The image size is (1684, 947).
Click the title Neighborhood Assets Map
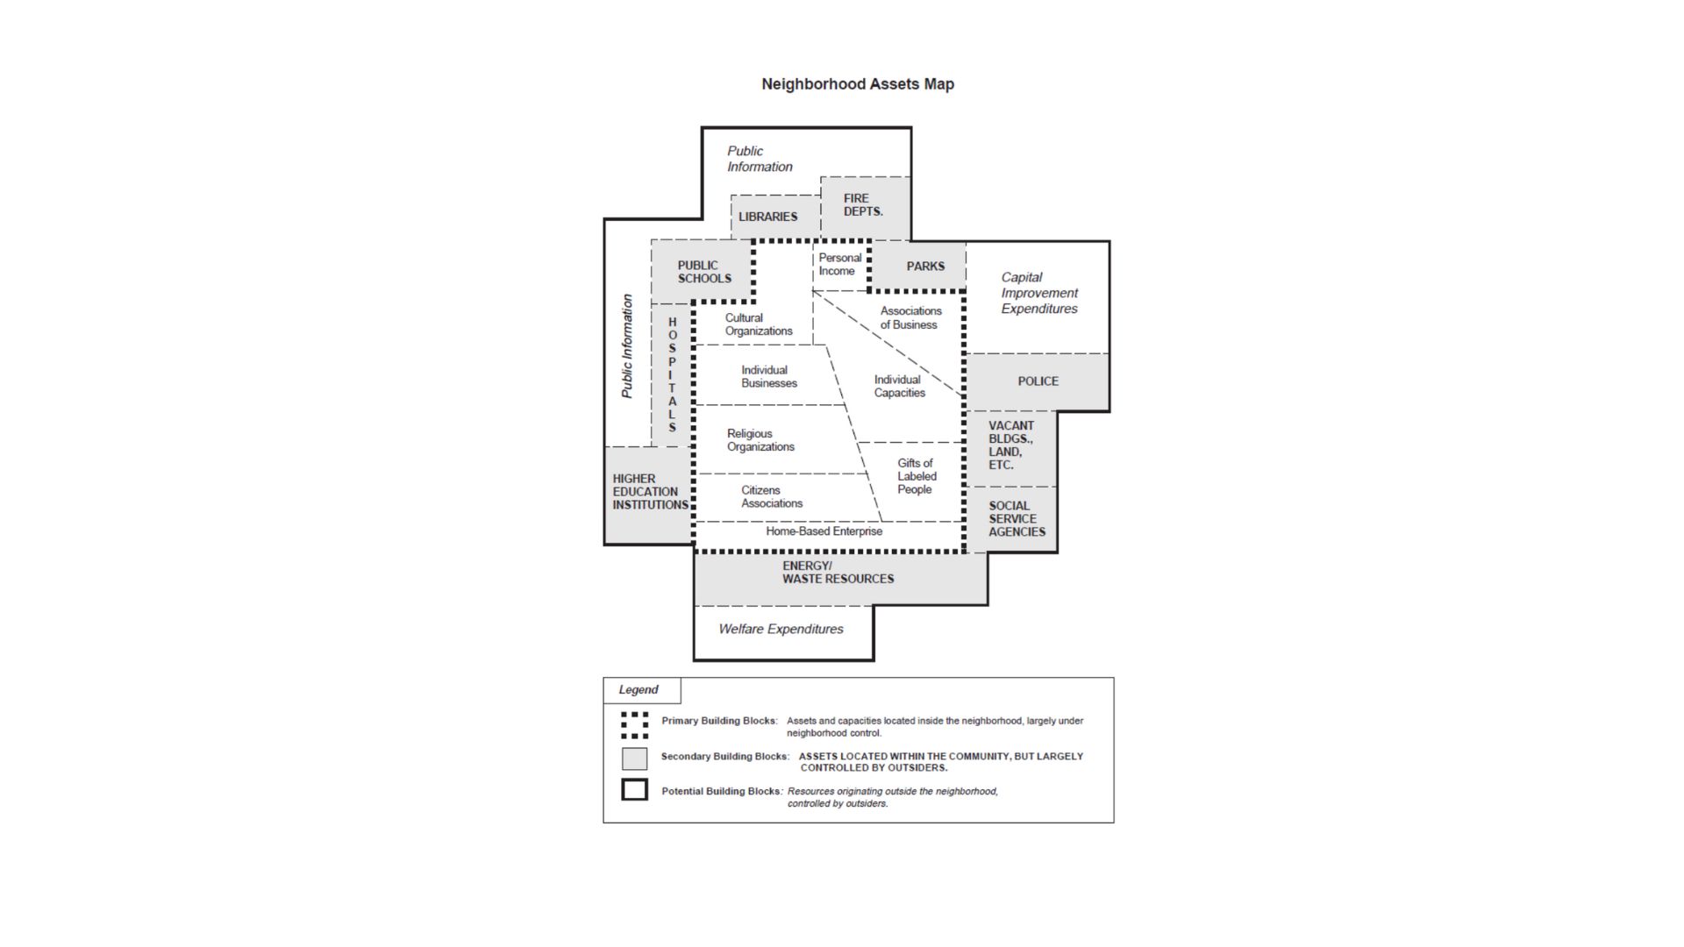[x=857, y=84]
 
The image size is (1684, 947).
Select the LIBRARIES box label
[x=767, y=217]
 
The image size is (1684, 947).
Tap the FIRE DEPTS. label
[x=863, y=205]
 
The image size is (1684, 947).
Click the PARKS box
[x=924, y=267]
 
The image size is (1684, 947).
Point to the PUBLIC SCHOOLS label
[x=703, y=272]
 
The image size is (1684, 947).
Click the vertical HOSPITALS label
[x=673, y=374]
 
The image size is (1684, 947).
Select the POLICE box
[x=1038, y=381]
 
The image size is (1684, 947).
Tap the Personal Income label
[x=839, y=265]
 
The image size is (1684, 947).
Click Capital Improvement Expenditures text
[x=1038, y=293]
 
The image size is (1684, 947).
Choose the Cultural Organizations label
[x=758, y=324]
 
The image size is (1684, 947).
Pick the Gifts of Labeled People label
[x=916, y=476]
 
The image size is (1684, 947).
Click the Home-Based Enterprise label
[x=824, y=531]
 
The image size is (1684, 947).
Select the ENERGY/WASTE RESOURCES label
[x=838, y=573]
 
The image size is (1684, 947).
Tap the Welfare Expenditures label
[x=781, y=630]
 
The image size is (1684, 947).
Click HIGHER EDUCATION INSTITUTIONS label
[x=649, y=492]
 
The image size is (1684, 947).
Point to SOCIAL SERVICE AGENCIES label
[x=1016, y=519]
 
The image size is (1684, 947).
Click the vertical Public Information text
[x=627, y=346]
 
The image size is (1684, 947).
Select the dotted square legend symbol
[x=634, y=725]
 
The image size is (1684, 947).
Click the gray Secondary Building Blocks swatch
[x=634, y=758]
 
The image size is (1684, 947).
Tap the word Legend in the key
[x=638, y=690]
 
